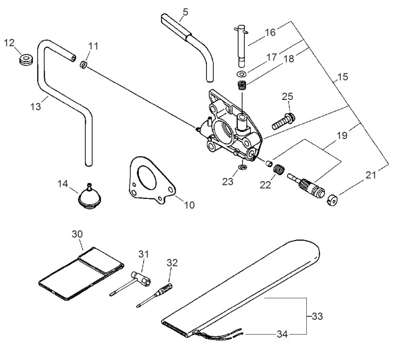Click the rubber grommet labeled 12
26,59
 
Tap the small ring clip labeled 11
83,64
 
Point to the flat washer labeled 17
241,74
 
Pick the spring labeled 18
242,85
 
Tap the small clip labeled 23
243,167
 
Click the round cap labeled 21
332,201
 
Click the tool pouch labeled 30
82,274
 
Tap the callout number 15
343,77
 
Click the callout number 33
317,316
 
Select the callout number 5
185,12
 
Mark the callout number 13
36,106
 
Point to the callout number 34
283,334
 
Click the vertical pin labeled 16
241,46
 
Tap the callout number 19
342,136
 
